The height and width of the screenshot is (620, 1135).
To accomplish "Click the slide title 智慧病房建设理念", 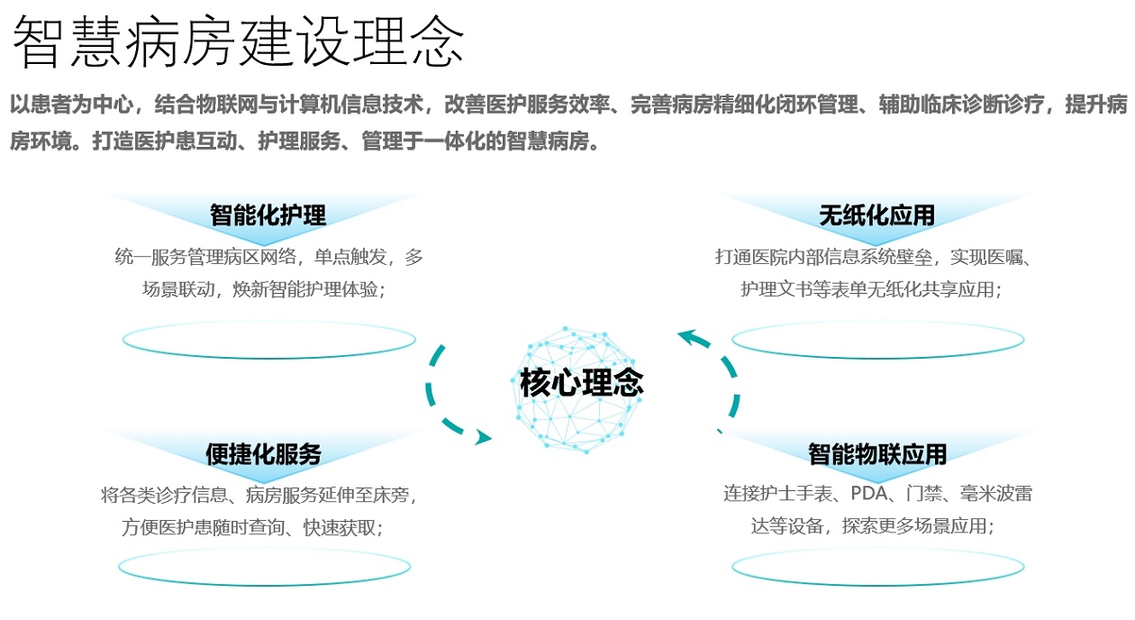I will [x=239, y=41].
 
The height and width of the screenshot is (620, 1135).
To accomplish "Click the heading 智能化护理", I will [x=268, y=214].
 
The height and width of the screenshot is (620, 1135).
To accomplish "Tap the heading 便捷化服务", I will [x=263, y=453].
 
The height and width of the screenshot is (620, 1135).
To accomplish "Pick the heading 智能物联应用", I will [x=877, y=453].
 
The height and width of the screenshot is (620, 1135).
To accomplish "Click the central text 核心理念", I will [x=582, y=382].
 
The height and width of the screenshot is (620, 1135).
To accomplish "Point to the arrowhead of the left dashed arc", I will [x=484, y=438].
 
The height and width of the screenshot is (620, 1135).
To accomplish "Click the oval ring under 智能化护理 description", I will [x=268, y=340].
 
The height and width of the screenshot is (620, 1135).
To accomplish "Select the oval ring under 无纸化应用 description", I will [x=877, y=340].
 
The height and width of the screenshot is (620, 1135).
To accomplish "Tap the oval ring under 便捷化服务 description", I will [x=264, y=567].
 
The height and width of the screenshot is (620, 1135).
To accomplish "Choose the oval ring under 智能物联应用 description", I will [x=877, y=567].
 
